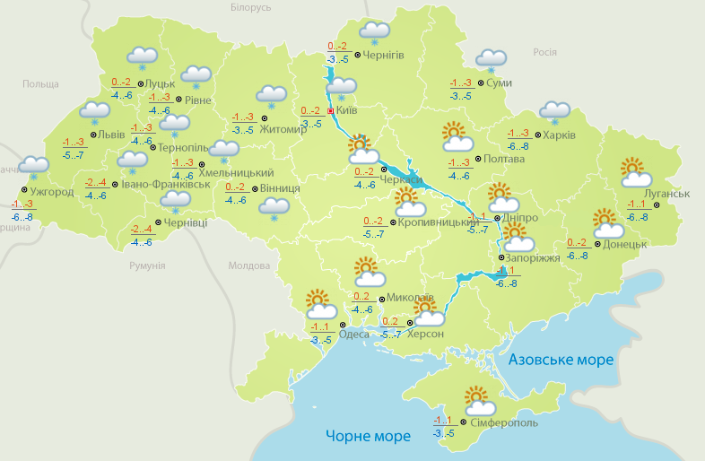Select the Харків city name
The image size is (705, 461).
558,135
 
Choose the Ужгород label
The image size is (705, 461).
51,191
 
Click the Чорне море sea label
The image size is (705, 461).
368,436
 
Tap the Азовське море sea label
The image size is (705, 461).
561,360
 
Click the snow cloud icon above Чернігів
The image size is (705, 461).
374,32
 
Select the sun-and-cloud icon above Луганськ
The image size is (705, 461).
635,173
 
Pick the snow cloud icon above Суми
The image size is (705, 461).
491,59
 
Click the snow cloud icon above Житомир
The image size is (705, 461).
271,95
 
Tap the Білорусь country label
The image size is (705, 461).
250,7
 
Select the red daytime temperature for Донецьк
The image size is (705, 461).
578,243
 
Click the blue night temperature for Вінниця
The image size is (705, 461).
236,200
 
